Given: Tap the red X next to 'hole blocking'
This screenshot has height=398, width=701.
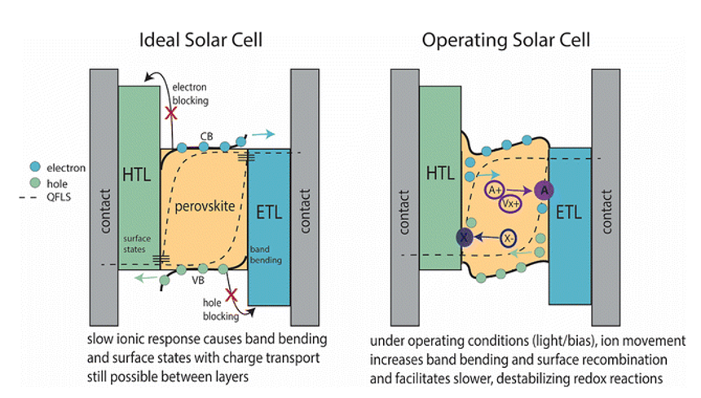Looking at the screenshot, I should (x=231, y=294).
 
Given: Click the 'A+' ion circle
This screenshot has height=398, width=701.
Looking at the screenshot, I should (x=495, y=189).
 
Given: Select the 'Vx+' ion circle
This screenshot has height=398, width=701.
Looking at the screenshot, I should (x=510, y=203).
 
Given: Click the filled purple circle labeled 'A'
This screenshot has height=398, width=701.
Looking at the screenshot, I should (x=544, y=190).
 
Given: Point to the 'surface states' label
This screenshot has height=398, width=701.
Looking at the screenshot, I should (x=137, y=243).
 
